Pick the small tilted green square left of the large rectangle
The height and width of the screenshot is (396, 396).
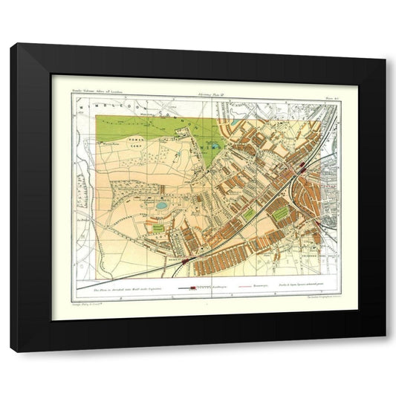click(x=250, y=215)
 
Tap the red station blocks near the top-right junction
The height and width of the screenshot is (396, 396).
click(x=302, y=170)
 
